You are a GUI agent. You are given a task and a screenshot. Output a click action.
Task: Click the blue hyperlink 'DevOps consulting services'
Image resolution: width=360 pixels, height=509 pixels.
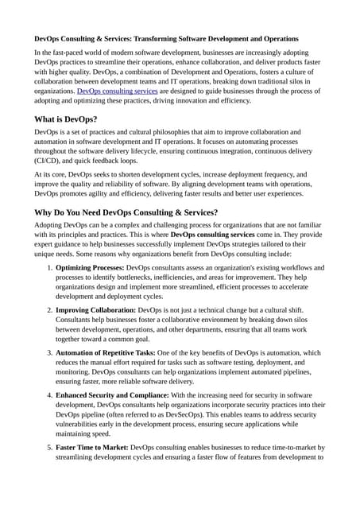(x=117, y=91)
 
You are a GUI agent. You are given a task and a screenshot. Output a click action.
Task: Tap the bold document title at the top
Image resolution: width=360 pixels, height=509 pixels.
(x=166, y=38)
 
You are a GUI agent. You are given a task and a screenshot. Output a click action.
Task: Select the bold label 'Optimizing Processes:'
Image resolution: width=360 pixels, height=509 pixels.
(x=90, y=268)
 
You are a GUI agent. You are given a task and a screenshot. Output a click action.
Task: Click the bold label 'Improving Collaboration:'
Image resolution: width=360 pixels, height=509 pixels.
(x=96, y=310)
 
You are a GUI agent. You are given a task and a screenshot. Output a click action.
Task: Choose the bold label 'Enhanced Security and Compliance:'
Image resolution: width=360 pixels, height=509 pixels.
(x=117, y=394)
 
